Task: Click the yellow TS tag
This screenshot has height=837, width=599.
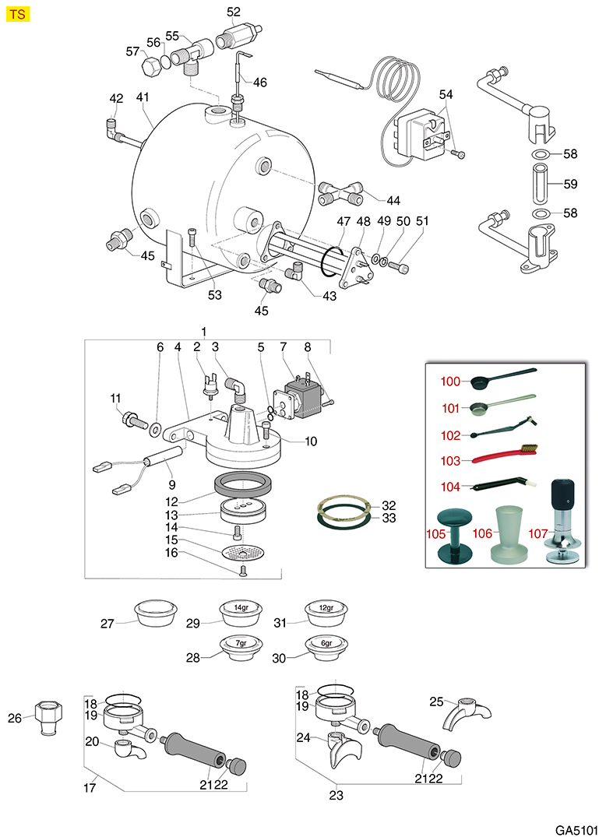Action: [17, 15]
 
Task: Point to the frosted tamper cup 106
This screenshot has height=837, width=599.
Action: [507, 534]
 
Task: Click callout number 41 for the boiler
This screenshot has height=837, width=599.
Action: [143, 99]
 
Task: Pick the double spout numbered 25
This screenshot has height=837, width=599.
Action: [469, 712]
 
